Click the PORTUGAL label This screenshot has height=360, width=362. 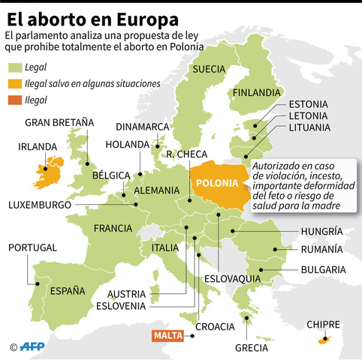pyautogui.click(x=32, y=247)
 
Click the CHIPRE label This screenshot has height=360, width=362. pyautogui.click(x=324, y=324)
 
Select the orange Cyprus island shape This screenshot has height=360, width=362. pyautogui.click(x=324, y=341)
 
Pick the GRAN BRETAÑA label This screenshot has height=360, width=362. pyautogui.click(x=59, y=121)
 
